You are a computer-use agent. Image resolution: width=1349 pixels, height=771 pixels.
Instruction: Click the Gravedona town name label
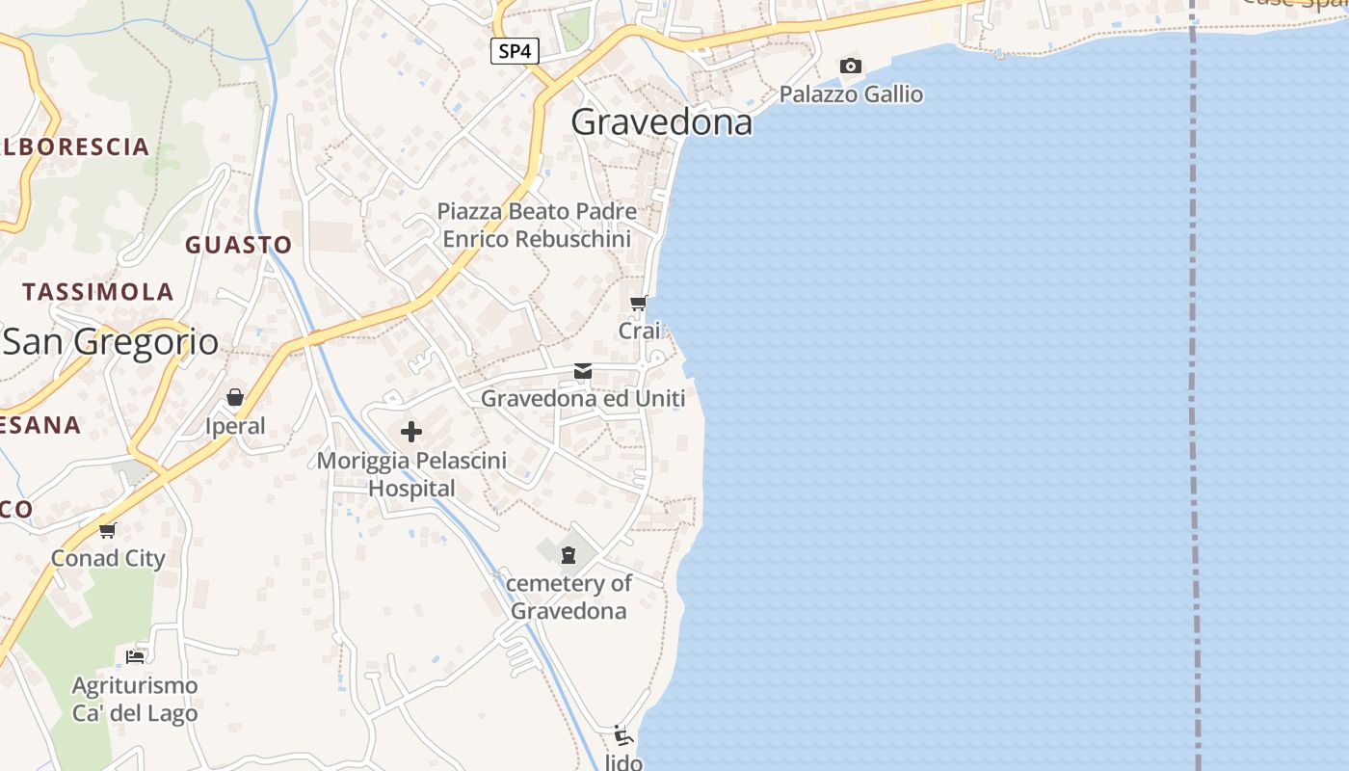661,122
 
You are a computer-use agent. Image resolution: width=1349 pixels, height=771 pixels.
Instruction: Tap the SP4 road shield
515,51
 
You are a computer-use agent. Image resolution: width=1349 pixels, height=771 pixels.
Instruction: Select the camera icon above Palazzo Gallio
850,66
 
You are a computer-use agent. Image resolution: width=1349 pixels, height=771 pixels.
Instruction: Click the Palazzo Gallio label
851,94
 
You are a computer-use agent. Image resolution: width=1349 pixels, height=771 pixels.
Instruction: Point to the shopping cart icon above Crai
638,305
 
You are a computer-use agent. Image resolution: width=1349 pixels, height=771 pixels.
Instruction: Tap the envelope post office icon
583,371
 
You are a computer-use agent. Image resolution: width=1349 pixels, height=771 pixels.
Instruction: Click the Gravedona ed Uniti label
583,398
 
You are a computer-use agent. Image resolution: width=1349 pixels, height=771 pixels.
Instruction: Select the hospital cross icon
411,431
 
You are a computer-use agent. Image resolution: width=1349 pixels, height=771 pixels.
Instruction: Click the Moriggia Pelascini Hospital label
411,474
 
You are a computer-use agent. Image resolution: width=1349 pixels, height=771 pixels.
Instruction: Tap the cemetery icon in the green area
569,554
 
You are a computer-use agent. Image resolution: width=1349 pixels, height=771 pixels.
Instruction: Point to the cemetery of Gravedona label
569,597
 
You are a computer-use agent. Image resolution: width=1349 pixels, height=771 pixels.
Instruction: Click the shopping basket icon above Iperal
235,397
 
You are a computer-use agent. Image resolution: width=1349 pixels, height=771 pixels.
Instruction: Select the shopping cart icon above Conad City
108,530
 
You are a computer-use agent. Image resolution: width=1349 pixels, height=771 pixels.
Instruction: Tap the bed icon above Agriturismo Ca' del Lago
135,657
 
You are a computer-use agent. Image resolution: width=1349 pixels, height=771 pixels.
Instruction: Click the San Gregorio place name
110,342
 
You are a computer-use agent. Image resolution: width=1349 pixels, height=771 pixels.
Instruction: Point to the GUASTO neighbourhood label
238,245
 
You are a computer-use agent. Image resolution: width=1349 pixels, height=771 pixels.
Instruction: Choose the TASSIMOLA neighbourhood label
98,292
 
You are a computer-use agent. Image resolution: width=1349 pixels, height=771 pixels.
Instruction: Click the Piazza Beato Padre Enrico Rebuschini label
537,225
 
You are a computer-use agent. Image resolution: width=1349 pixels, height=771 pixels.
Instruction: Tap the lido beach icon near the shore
623,737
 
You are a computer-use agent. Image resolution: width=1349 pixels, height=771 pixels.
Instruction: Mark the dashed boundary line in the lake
1195,385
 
